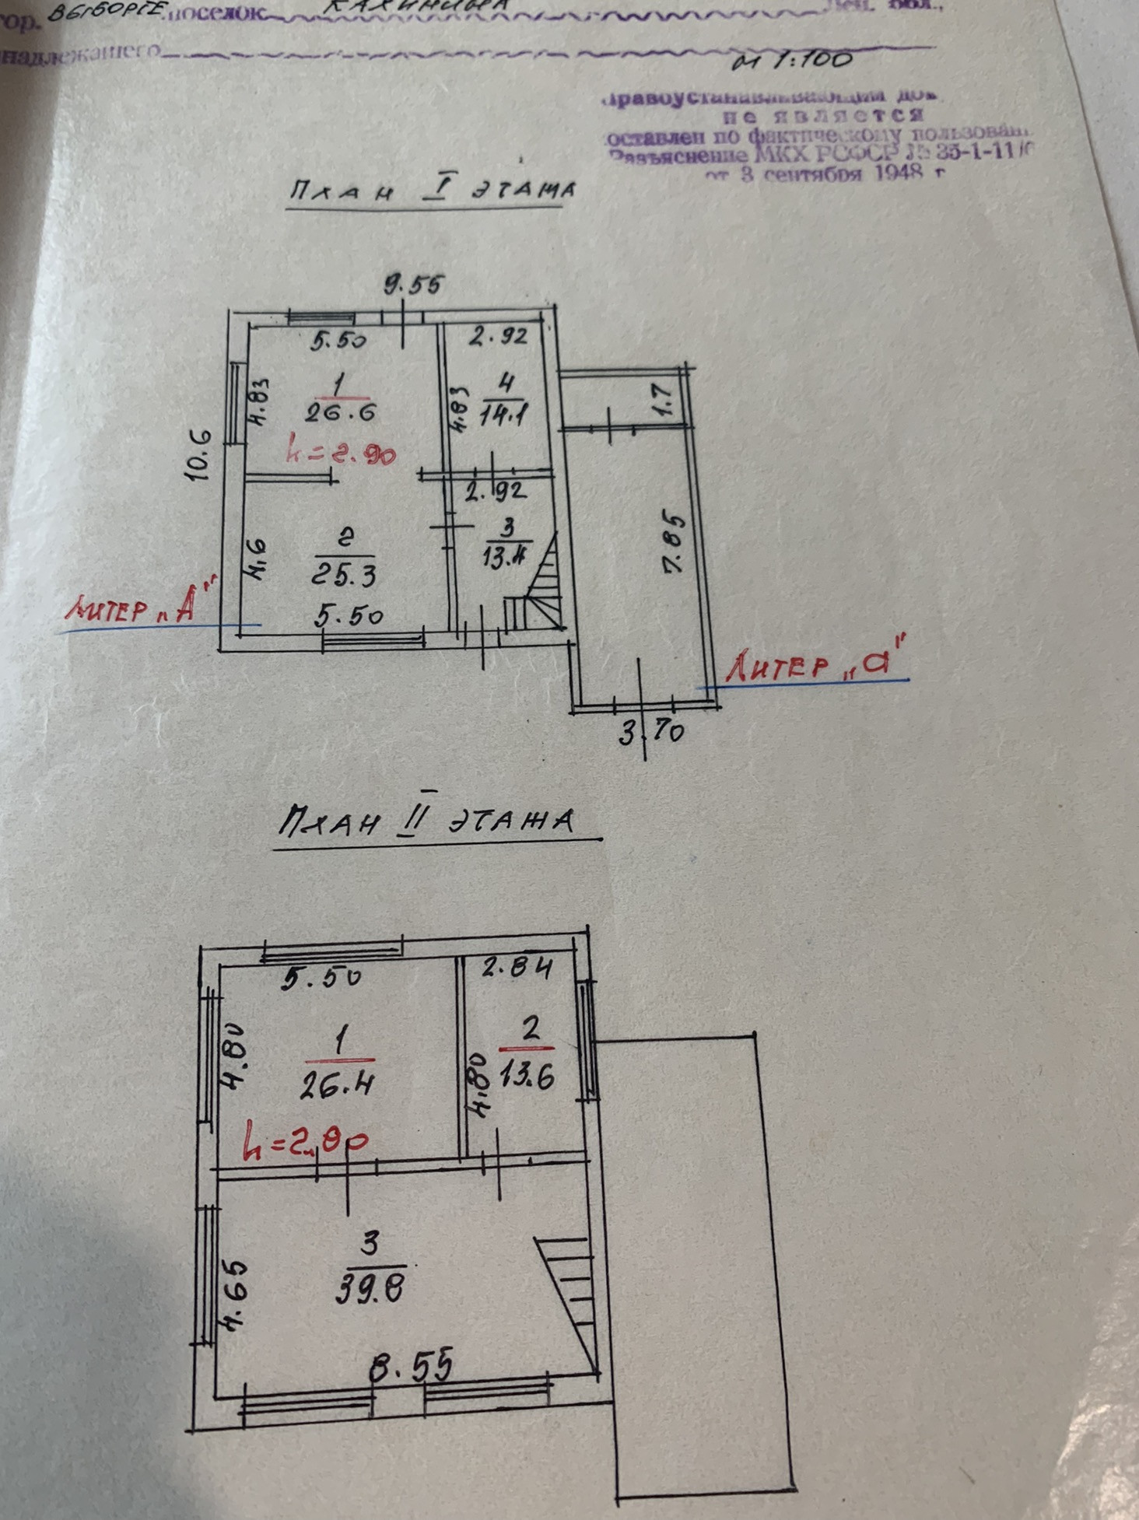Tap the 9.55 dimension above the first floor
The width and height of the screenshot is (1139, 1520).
pos(413,285)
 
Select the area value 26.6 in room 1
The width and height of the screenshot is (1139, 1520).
pos(340,412)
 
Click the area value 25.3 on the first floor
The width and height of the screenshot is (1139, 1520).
pos(344,575)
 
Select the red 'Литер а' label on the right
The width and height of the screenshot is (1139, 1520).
pos(817,662)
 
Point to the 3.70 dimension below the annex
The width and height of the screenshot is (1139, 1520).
pos(652,732)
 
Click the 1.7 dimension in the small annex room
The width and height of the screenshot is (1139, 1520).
pos(668,398)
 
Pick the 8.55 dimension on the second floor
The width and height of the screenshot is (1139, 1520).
pos(412,1366)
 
